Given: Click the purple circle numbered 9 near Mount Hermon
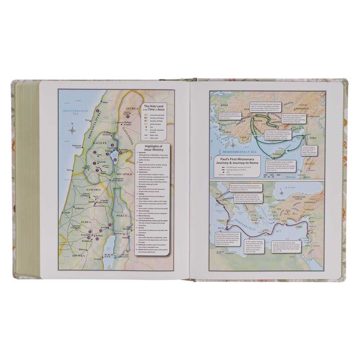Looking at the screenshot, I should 128,116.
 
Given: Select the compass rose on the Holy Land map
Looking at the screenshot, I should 72,130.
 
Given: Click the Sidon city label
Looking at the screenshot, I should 105,103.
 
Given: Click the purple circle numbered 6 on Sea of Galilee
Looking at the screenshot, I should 115,160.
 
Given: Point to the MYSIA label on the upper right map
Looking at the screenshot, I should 224,106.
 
